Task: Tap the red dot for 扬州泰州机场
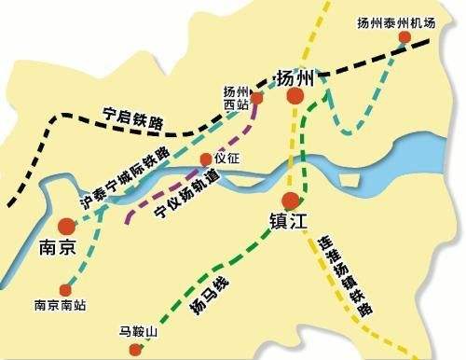coord(404,38)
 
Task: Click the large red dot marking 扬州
coord(295,95)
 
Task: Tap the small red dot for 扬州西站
coord(260,90)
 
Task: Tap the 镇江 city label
coord(287,221)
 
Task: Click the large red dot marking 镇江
coord(292,199)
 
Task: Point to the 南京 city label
coord(65,249)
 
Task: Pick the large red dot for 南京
coord(66,226)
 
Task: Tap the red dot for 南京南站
coord(63,288)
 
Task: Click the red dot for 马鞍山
coord(137,350)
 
